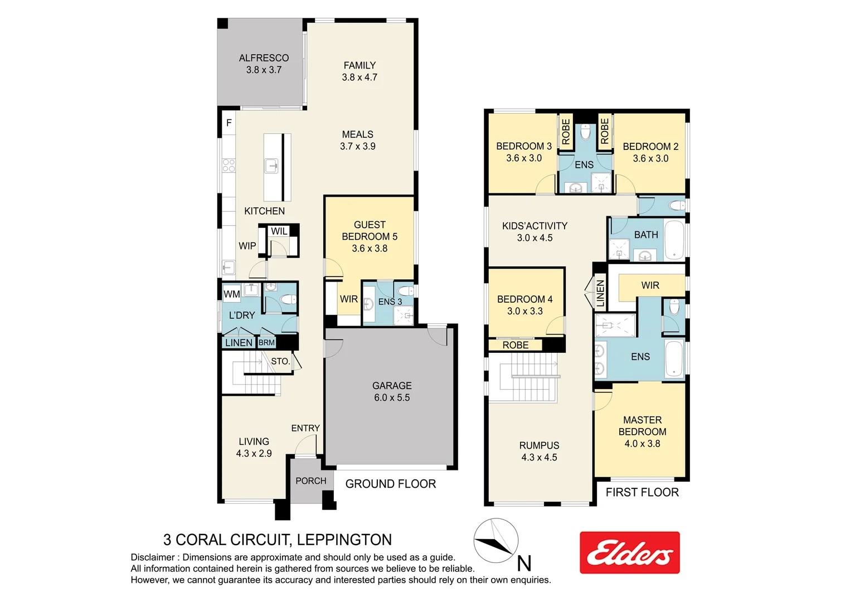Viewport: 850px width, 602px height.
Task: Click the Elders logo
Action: click(x=629, y=552)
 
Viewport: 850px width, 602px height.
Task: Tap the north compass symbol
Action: click(x=496, y=541)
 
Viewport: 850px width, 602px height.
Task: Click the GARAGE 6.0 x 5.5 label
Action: click(x=392, y=391)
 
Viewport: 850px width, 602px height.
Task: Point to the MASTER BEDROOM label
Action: click(x=642, y=431)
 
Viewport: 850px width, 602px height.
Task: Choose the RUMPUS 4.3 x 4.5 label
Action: click(x=539, y=452)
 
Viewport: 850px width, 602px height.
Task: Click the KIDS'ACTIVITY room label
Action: click(x=535, y=231)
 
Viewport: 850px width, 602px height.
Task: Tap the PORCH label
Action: click(x=310, y=480)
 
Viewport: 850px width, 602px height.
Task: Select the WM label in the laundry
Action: click(x=231, y=294)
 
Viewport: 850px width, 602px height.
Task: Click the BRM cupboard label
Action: click(x=266, y=343)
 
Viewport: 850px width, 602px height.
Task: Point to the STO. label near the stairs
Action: click(x=280, y=361)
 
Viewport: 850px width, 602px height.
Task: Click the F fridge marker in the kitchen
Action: click(x=229, y=123)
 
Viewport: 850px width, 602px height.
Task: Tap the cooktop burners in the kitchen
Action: click(x=229, y=165)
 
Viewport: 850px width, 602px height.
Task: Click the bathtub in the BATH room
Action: click(x=674, y=241)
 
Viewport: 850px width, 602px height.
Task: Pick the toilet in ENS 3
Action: click(x=405, y=291)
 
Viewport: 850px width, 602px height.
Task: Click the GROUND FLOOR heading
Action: click(x=390, y=484)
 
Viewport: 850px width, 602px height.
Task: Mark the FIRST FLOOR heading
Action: click(x=642, y=492)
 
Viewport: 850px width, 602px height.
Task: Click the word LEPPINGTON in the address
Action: click(x=344, y=540)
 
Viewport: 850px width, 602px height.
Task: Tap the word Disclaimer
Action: click(x=152, y=557)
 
